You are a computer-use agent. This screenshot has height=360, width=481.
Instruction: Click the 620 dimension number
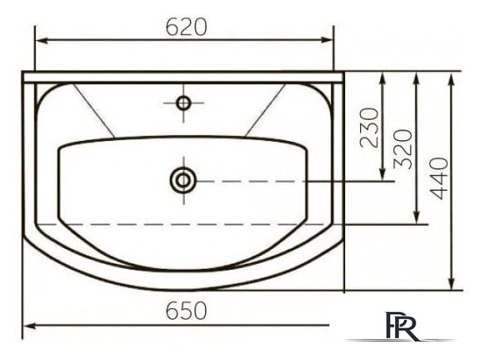[x=187, y=27]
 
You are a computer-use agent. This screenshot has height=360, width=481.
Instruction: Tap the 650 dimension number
[x=187, y=310]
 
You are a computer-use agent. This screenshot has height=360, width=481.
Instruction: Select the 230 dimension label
[x=370, y=128]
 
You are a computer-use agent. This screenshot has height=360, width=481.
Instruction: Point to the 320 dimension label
[x=403, y=149]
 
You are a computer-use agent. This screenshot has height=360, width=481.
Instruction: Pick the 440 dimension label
[x=439, y=179]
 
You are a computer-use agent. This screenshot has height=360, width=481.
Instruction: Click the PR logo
[x=401, y=326]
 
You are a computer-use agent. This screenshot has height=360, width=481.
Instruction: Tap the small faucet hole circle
[x=183, y=102]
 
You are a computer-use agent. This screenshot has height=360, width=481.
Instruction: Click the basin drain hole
[x=183, y=180]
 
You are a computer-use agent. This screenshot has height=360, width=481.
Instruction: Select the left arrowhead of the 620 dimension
[x=42, y=40]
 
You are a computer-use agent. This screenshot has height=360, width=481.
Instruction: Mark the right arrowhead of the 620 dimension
[x=327, y=40]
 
